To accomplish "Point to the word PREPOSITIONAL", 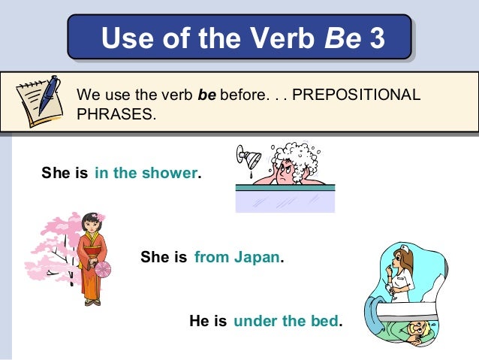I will [x=357, y=96].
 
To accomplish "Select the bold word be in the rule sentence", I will [x=206, y=96].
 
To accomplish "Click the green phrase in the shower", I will [x=146, y=174].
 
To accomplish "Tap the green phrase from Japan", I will [x=237, y=258].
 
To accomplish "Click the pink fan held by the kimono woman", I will [x=103, y=269].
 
